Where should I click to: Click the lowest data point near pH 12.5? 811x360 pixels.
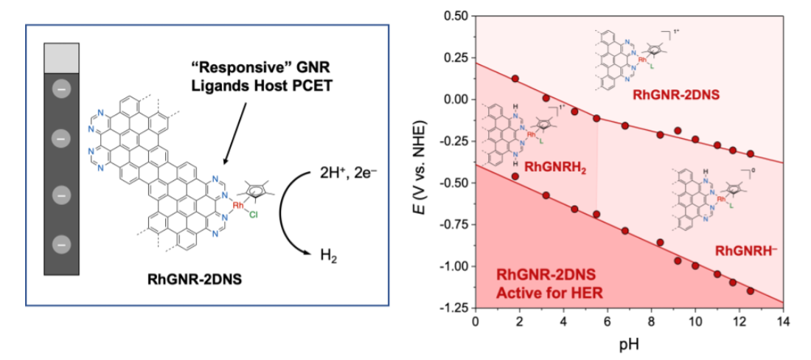click(751, 291)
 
